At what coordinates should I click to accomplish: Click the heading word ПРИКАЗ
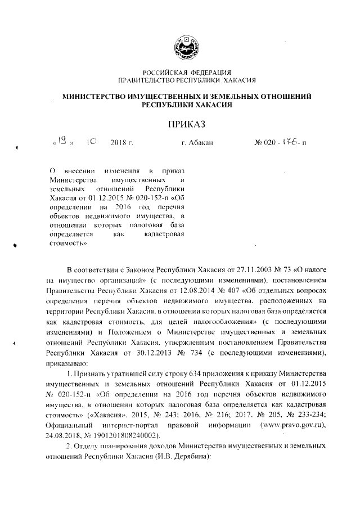tap(186, 123)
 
